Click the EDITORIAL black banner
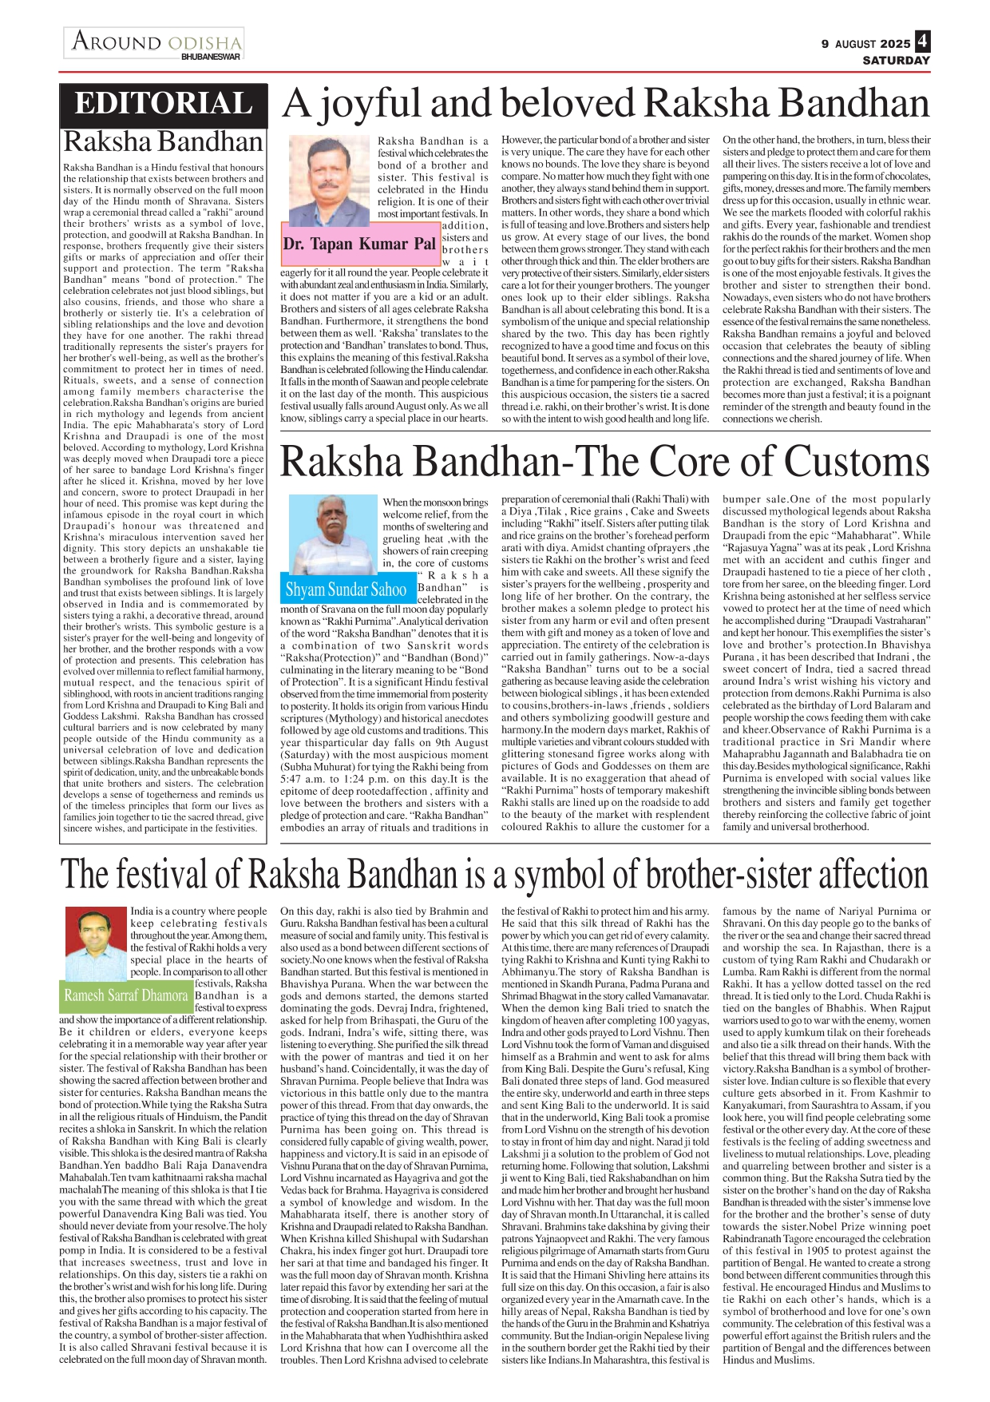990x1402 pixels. click(163, 105)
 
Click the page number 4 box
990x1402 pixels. click(923, 41)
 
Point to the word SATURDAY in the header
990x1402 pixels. click(896, 61)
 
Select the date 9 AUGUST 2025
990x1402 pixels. click(865, 44)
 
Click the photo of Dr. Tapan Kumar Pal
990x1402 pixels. click(328, 181)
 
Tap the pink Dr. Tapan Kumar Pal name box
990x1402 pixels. click(359, 244)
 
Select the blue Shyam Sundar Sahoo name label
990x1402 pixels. click(346, 590)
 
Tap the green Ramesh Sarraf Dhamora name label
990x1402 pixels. click(126, 995)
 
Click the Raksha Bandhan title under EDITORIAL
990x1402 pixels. click(163, 141)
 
